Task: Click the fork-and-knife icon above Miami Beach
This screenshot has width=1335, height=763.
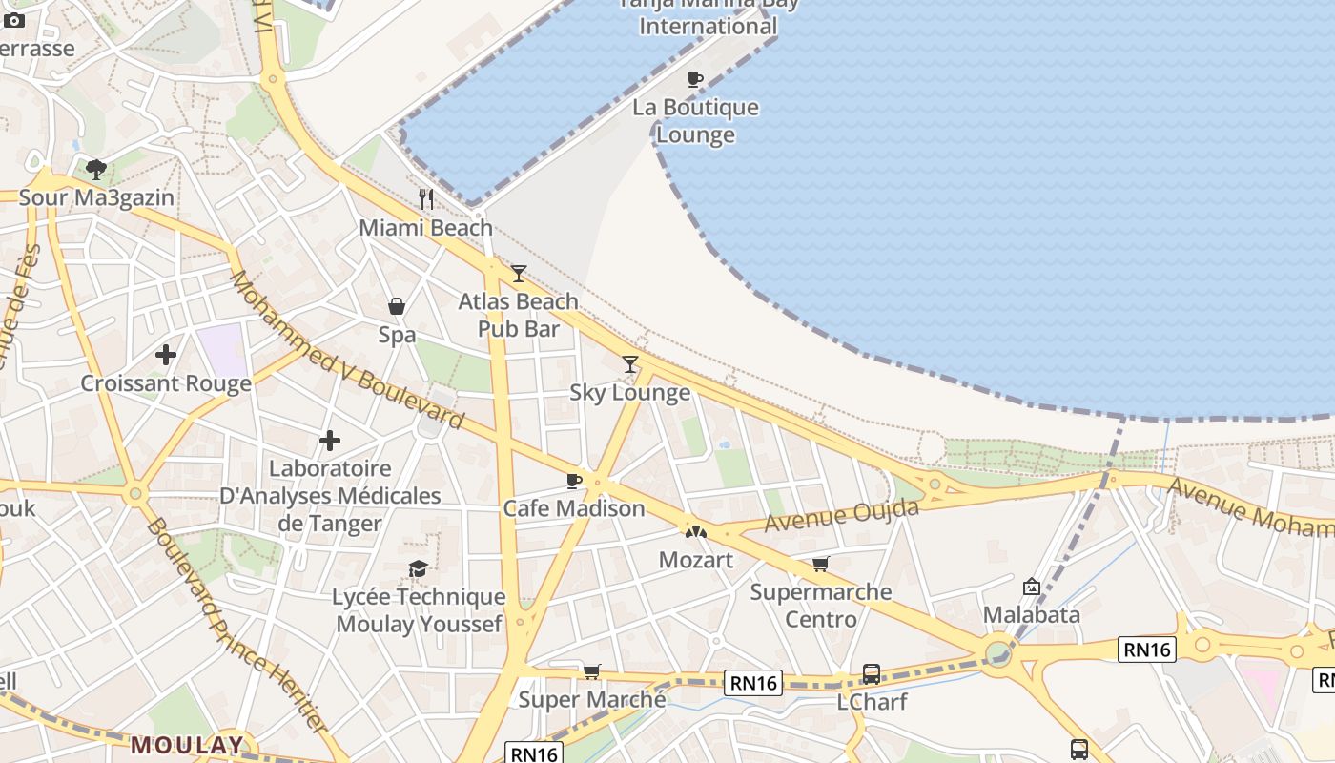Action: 426,199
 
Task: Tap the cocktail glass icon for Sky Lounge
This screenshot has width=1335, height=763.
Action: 630,363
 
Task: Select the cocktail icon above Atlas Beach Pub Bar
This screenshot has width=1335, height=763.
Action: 518,274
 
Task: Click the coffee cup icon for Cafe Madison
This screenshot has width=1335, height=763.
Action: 573,481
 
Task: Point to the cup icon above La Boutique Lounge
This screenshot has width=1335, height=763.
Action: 695,79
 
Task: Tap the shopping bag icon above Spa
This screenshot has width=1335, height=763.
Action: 396,306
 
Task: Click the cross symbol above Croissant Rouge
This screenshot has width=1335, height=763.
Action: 166,355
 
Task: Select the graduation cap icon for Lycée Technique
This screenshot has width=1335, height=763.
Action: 418,568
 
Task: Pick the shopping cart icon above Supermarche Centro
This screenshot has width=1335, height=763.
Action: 820,564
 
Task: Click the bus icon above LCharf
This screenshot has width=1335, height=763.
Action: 871,673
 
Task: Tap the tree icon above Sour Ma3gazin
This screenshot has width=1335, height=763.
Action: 95,170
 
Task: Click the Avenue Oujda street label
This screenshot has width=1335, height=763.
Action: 841,515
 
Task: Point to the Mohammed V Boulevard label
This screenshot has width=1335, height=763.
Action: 345,350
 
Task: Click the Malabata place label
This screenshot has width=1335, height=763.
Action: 1032,614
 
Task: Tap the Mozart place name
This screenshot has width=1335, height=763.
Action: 696,560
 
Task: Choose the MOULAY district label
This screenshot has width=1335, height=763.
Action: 188,744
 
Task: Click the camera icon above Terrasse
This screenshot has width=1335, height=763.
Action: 14,20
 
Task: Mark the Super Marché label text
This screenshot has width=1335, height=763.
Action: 591,699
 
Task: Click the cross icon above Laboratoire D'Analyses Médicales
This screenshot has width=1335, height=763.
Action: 330,441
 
